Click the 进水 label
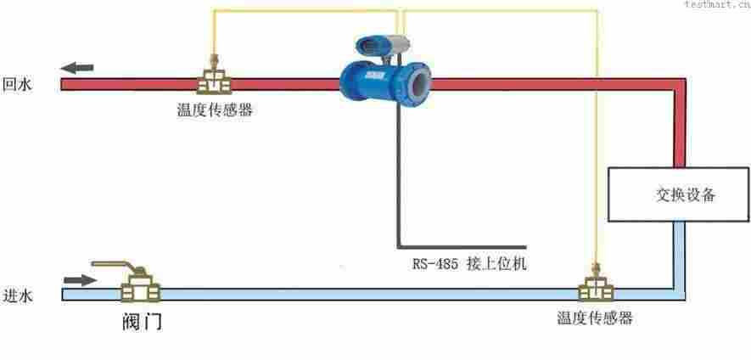tap(17, 295)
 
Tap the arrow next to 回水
tap(77, 68)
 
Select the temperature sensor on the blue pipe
tap(595, 288)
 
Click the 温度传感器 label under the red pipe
tap(214, 110)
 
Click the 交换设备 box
tap(678, 194)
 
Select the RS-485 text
tap(435, 263)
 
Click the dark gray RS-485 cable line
tap(397, 187)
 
